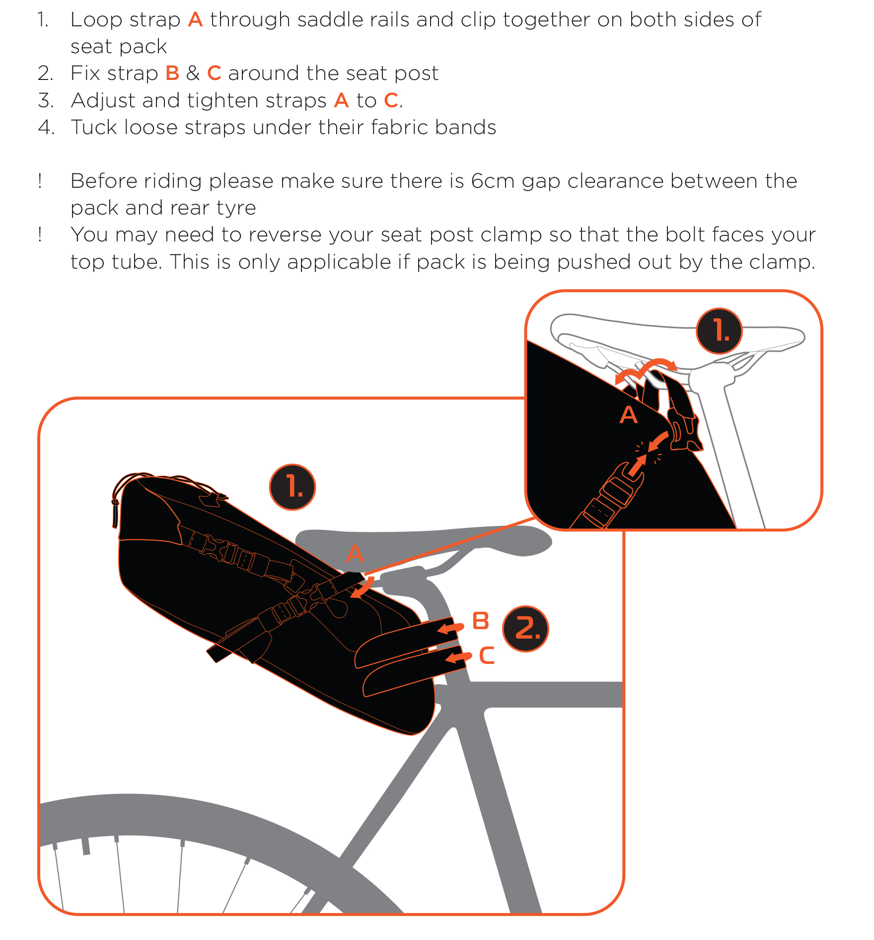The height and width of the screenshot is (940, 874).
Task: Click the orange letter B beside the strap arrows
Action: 481,621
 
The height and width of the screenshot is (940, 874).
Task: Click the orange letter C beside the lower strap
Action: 487,655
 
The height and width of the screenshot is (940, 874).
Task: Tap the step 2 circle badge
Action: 525,629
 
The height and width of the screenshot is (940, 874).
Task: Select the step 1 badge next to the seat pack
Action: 292,487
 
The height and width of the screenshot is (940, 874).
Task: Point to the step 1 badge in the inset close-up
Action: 719,331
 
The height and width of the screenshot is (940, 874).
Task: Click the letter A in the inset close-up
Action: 629,415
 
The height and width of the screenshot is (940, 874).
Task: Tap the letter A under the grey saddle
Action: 355,553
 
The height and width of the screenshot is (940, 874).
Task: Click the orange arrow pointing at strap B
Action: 450,628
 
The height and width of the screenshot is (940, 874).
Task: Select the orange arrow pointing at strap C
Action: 458,658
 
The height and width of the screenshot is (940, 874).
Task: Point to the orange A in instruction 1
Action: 195,20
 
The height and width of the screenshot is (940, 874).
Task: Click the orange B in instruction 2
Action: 172,73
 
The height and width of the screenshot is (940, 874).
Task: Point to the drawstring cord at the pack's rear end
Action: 117,497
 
